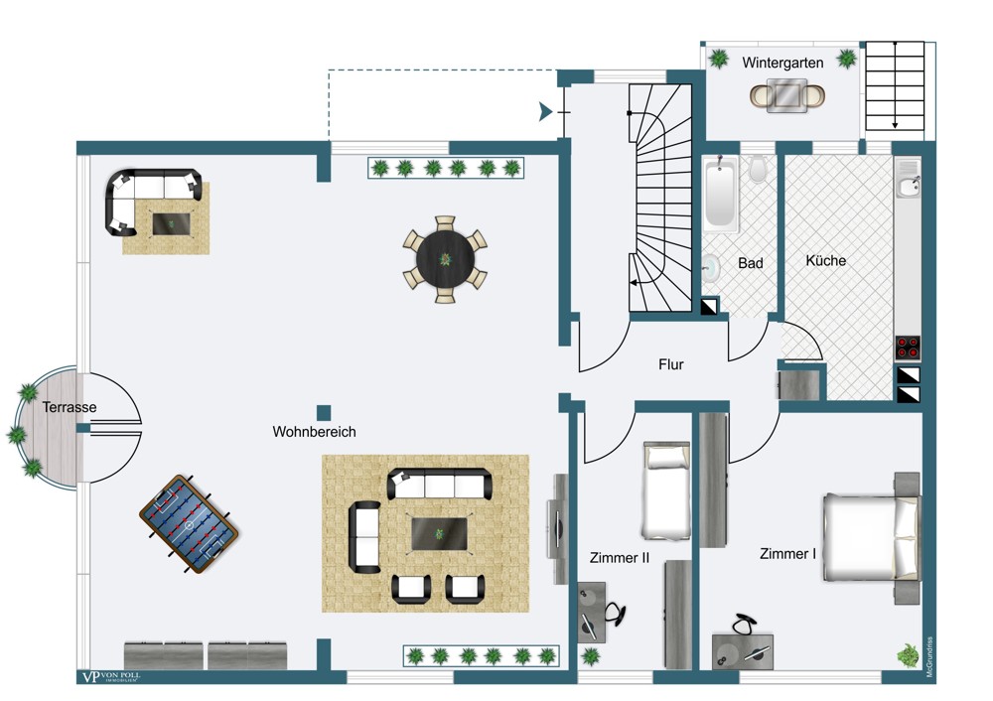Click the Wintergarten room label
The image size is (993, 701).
point(782,63)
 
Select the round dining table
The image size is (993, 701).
point(445,260)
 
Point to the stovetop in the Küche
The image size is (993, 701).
point(908,348)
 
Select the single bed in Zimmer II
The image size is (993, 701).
point(665,491)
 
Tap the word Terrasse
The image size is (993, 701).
point(70,407)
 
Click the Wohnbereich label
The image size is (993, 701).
point(314,432)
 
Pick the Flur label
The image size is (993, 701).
point(671,364)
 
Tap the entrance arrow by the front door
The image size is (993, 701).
point(544,112)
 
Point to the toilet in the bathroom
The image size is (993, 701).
point(759,170)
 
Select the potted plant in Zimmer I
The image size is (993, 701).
point(908,654)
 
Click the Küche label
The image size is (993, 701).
point(825,260)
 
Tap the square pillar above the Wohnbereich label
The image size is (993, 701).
point(324,411)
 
